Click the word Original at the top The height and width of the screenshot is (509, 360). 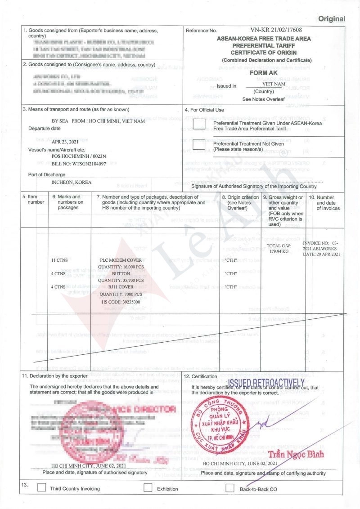332,19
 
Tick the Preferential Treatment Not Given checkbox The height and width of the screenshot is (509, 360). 199,145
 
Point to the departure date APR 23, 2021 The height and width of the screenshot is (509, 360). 66,141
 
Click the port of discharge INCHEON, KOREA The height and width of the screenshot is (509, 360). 72,182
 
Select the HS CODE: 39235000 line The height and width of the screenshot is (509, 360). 121,301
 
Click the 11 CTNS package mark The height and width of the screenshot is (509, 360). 60,260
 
